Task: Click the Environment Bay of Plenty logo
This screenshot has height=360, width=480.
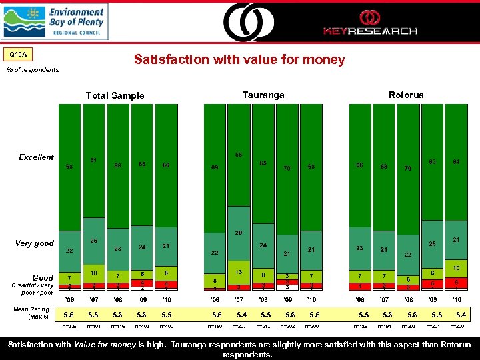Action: click(53, 21)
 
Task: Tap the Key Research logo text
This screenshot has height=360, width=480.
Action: click(370, 31)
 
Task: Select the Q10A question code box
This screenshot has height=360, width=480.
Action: click(18, 54)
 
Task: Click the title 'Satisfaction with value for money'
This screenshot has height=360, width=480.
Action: click(239, 60)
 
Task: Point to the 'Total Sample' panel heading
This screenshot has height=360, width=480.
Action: click(115, 95)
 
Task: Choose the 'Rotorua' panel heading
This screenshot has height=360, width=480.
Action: click(406, 95)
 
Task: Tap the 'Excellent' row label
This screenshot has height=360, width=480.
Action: click(37, 157)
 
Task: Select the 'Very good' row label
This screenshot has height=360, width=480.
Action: click(35, 243)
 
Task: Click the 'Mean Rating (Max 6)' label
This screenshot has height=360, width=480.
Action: click(31, 313)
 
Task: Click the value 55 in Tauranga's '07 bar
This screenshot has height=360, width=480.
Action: click(239, 155)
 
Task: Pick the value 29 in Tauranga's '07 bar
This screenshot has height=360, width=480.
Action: click(239, 233)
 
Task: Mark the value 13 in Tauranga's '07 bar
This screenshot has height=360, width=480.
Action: click(239, 272)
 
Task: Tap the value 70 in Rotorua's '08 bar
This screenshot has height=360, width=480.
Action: click(407, 169)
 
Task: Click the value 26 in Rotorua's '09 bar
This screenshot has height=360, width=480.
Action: click(432, 244)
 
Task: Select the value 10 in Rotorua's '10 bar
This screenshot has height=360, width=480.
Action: click(457, 268)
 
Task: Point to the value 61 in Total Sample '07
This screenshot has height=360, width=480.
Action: click(94, 160)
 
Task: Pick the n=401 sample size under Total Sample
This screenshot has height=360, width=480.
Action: click(94, 327)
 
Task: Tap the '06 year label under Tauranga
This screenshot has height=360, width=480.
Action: click(215, 299)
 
